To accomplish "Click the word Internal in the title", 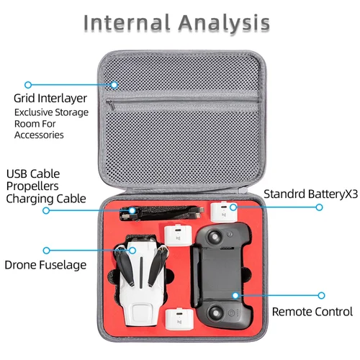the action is (127, 23).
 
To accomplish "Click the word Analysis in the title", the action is (224, 23).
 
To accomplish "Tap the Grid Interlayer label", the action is (50, 99).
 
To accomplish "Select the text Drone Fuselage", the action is (45, 265).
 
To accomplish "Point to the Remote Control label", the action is (312, 312).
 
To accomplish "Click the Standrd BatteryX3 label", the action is (311, 194).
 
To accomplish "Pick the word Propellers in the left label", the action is (32, 186).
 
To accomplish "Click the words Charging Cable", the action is (46, 199).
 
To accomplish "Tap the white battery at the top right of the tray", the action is (224, 212).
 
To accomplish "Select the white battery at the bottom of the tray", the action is (179, 319).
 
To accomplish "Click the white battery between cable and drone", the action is (178, 235).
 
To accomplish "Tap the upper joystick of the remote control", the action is (215, 237).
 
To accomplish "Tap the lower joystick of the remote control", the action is (215, 312).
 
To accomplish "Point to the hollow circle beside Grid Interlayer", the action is (28, 85).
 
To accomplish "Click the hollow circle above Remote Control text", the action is (321, 295).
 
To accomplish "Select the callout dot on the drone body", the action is (132, 251).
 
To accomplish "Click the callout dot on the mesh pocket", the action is (114, 85).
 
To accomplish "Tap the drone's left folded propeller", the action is (125, 266).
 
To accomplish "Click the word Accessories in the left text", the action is (39, 135).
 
